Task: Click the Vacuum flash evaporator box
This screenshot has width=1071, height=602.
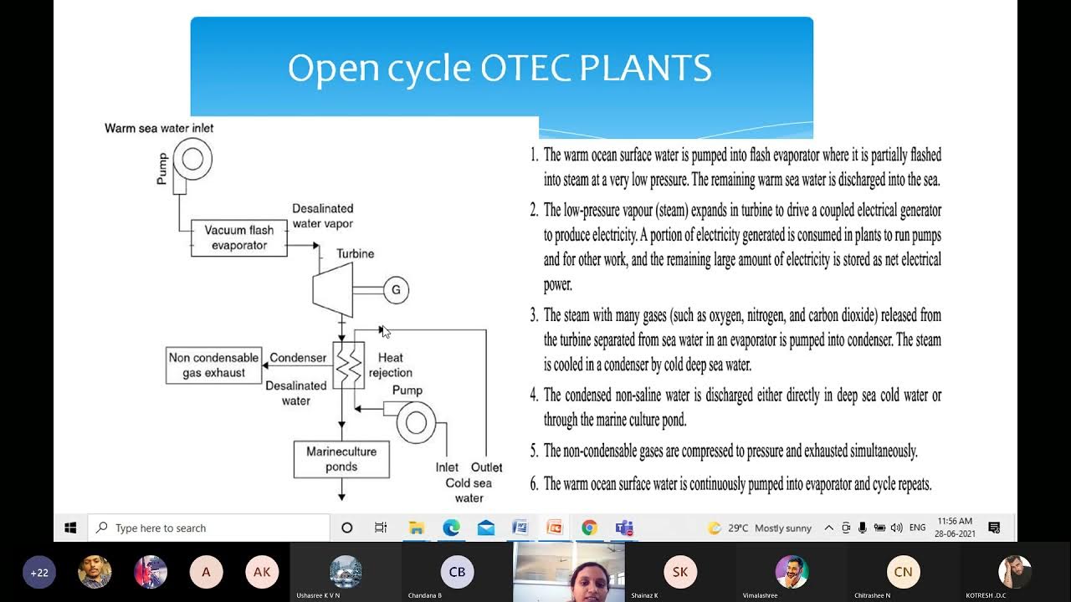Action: [x=238, y=237]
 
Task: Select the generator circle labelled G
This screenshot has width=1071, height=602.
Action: [x=396, y=290]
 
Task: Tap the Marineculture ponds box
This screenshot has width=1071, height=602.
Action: [x=341, y=459]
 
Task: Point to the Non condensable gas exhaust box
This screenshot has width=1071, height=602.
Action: [x=213, y=365]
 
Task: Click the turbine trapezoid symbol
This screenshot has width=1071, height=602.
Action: [x=333, y=289]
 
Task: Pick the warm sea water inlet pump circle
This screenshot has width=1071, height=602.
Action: [x=192, y=157]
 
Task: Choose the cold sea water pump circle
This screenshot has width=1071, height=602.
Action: [x=416, y=422]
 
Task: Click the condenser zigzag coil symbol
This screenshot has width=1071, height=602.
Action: [x=349, y=365]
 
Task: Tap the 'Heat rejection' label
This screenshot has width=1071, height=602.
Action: [x=391, y=365]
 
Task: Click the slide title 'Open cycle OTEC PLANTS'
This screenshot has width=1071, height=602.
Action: [x=500, y=68]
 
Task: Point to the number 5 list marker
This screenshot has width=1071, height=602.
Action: [x=534, y=451]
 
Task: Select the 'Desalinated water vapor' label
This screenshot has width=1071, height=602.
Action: [x=322, y=216]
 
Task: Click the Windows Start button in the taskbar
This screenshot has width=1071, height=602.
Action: [x=70, y=528]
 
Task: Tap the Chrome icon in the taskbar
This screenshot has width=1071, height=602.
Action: [x=589, y=528]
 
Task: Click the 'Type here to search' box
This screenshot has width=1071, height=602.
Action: [x=209, y=528]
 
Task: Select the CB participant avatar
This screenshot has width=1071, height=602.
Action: [x=457, y=572]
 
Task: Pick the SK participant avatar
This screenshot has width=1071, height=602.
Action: [x=679, y=572]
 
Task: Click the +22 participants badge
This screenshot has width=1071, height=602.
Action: [x=39, y=573]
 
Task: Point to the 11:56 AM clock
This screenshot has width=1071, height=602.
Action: [x=955, y=521]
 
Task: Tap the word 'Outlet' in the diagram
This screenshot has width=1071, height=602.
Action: [x=486, y=467]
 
